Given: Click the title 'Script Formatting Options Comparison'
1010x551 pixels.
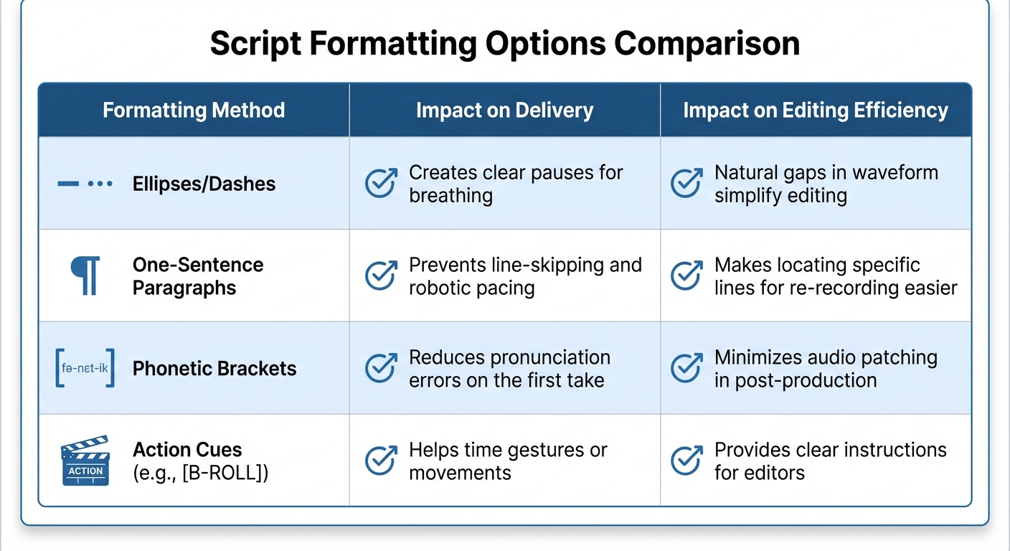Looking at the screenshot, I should pos(504,44).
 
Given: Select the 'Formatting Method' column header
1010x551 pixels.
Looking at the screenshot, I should pos(194,110).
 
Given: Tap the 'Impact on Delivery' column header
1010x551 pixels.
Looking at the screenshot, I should pos(504,110).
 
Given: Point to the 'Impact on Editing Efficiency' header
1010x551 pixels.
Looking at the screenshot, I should pos(816,110).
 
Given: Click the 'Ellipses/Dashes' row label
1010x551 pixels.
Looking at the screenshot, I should pos(204,184).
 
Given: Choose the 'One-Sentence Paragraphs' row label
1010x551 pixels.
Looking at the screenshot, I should pos(198,276).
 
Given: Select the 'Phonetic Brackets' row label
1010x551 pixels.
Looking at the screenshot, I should pos(214,369).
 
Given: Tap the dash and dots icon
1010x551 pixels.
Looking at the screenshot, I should pos(85,184).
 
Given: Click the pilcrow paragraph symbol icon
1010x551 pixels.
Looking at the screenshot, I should pos(85,276).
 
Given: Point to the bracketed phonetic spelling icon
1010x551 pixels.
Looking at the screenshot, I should pos(85,368).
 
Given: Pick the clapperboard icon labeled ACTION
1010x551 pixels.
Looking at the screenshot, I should pos(85,461).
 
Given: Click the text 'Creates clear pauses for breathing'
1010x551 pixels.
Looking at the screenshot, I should pos(515,184).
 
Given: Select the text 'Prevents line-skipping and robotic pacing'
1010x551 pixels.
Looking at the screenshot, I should pos(524,276).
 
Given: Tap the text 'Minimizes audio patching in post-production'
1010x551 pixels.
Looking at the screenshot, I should pos(825,369).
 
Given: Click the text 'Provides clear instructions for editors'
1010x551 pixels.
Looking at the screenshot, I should pos(830,461).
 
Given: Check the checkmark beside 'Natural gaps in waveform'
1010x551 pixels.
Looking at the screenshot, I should pos(686,184).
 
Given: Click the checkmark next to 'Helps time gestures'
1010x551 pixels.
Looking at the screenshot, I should pos(381,461).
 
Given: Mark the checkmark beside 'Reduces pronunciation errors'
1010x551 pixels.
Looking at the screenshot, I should pos(381,369).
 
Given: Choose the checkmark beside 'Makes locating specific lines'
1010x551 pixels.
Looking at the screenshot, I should pos(686,276).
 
